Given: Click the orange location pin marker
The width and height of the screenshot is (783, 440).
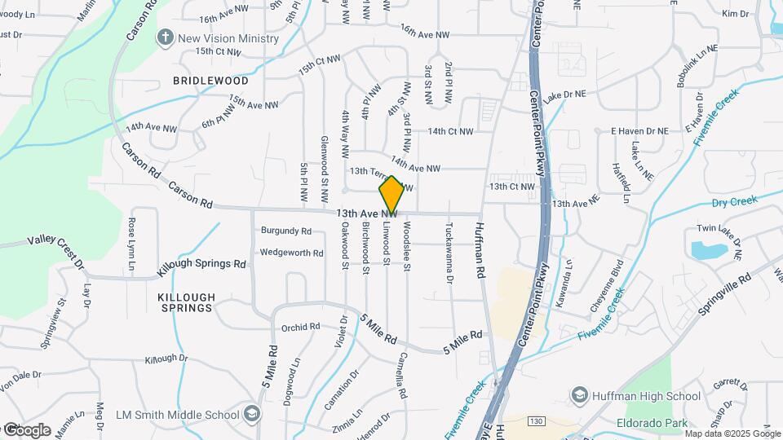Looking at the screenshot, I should [391, 195].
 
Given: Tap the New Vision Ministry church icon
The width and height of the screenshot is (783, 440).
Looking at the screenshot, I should [166, 37].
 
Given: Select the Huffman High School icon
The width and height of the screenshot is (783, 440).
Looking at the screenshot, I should [579, 396].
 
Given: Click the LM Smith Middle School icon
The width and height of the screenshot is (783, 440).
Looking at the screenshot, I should [252, 415].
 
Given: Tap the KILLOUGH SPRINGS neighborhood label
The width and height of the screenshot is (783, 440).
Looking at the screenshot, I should [186, 302].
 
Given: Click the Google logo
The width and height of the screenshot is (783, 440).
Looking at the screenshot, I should [26, 430].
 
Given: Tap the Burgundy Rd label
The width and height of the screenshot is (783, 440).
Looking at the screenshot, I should [286, 231].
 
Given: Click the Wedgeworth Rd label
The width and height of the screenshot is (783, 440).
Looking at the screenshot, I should [291, 253].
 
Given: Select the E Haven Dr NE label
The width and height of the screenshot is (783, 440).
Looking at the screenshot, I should [639, 130].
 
